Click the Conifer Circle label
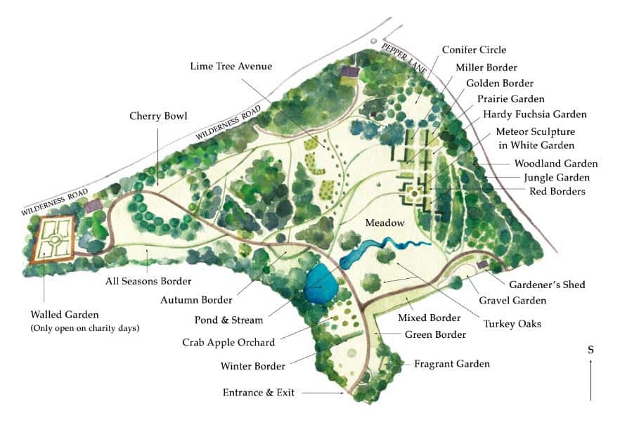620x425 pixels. tap(474, 50)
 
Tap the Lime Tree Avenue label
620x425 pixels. tap(231, 66)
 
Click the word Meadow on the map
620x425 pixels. tap(384, 223)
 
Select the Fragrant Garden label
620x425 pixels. tap(451, 364)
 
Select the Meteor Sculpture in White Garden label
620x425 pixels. tap(535, 138)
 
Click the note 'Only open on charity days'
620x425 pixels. tap(85, 328)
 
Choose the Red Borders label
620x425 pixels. tap(560, 191)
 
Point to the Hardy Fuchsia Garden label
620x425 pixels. tap(535, 115)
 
